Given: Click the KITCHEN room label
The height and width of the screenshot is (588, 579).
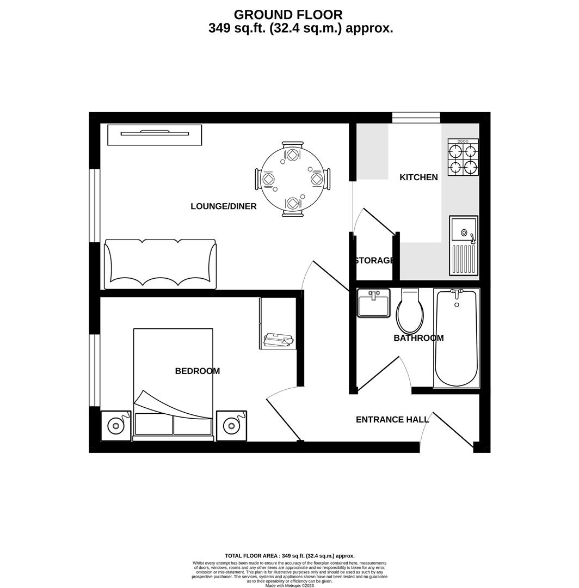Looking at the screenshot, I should pyautogui.click(x=418, y=177).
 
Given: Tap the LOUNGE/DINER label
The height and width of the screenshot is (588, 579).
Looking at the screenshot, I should pyautogui.click(x=224, y=206).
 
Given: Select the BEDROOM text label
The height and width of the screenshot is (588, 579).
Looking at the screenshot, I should pyautogui.click(x=198, y=371).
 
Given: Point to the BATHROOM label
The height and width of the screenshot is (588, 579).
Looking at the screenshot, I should pyautogui.click(x=418, y=338).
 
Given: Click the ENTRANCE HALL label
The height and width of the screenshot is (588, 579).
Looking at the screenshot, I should pyautogui.click(x=392, y=420).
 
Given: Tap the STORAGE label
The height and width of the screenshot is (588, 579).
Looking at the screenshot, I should pyautogui.click(x=374, y=261).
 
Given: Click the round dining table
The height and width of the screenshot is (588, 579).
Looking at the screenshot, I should pyautogui.click(x=292, y=180).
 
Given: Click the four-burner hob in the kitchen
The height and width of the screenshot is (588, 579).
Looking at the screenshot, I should pyautogui.click(x=463, y=157).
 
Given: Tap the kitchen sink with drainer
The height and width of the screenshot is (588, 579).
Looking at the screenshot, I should pyautogui.click(x=464, y=246).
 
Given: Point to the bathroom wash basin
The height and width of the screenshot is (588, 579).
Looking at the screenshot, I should pyautogui.click(x=374, y=303).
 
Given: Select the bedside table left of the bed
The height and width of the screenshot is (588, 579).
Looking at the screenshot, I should pyautogui.click(x=116, y=425).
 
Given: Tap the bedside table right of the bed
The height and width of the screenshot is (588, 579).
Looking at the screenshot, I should pyautogui.click(x=231, y=425).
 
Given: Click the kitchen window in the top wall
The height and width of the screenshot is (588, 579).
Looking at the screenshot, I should pyautogui.click(x=416, y=118).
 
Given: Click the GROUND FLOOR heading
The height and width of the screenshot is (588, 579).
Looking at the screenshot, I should pyautogui.click(x=288, y=15).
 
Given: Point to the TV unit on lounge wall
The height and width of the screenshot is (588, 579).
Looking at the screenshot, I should pyautogui.click(x=155, y=134).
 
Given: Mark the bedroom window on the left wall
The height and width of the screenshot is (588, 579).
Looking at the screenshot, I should pyautogui.click(x=95, y=370).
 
